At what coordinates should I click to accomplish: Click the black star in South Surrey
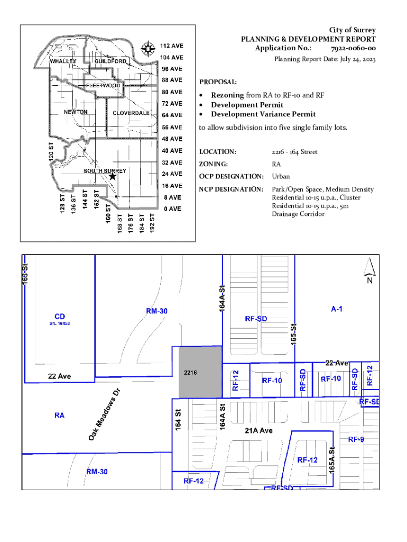tap(112, 177)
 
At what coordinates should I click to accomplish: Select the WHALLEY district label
tap(63, 61)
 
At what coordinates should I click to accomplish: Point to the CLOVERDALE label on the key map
tap(131, 113)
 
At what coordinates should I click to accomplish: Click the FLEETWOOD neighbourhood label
tap(103, 86)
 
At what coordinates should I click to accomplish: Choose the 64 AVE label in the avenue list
tap(172, 115)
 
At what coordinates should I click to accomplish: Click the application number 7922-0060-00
tap(354, 49)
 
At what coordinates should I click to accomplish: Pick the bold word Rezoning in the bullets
tap(228, 95)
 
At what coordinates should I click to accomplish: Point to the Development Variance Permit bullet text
tap(263, 114)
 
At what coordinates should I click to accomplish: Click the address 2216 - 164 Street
tap(294, 152)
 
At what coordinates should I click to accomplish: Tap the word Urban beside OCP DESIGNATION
tap(281, 176)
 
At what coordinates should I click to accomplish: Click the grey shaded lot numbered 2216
tap(200, 373)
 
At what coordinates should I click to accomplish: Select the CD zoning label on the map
tap(60, 316)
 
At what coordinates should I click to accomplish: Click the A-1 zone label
tap(337, 309)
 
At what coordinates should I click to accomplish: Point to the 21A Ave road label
tap(258, 431)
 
